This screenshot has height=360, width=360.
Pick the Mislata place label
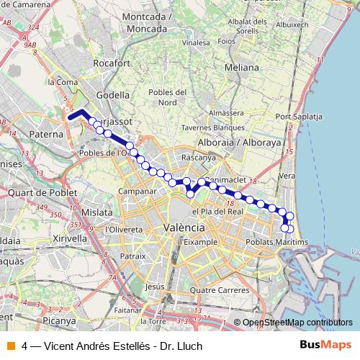pyautogui.click(x=97, y=212)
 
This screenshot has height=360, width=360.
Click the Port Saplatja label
pyautogui.click(x=297, y=116)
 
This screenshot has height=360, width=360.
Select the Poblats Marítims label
pyautogui.click(x=276, y=242)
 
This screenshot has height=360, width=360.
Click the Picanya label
pyautogui.click(x=58, y=320)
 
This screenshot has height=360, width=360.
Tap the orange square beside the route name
pyautogui.click(x=10, y=345)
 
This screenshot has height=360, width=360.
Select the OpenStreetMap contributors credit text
pyautogui.click(x=297, y=323)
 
